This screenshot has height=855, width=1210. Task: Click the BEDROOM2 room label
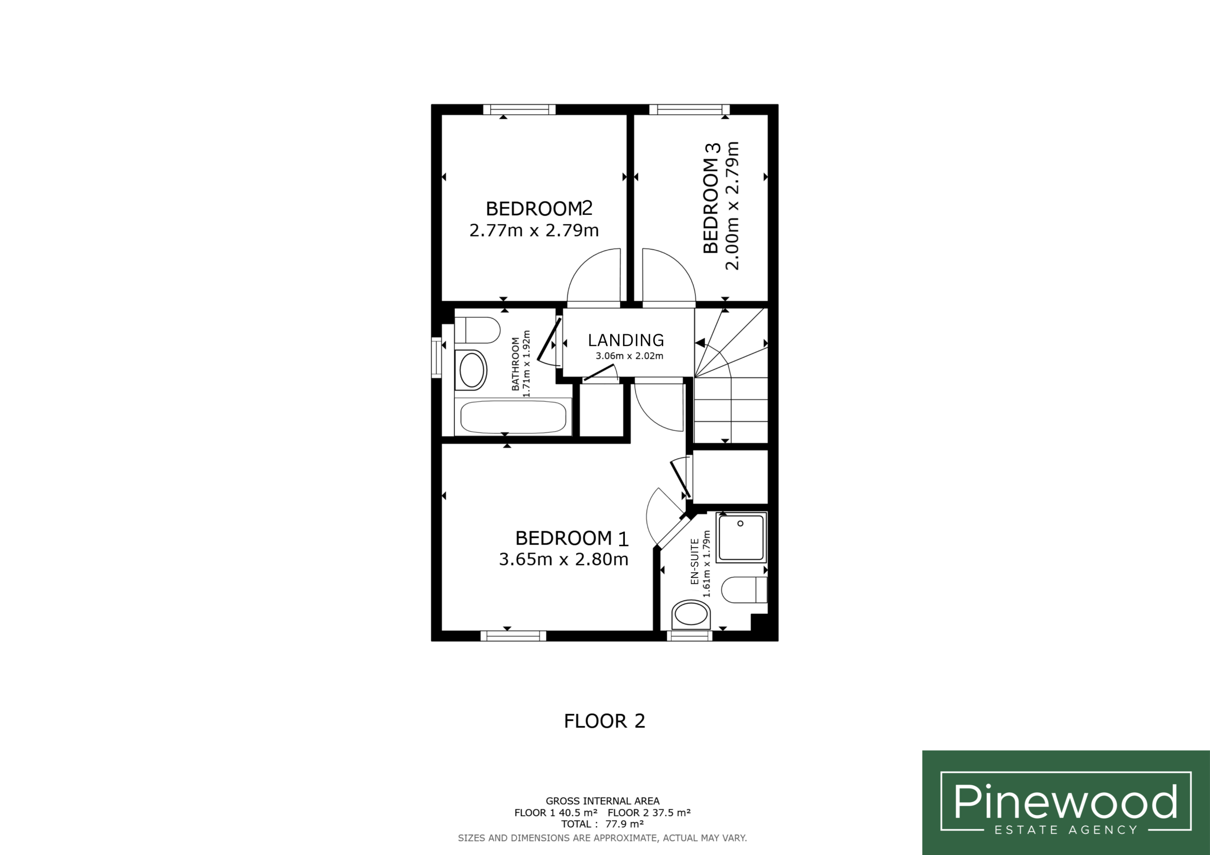click(539, 209)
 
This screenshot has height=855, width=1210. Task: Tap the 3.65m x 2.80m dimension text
click(563, 559)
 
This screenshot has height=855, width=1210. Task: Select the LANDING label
click(626, 340)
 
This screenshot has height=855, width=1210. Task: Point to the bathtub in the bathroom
click(513, 417)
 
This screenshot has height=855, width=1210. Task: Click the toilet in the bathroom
click(477, 330)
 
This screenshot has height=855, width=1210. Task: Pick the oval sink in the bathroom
click(471, 370)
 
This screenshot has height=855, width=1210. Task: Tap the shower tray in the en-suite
click(741, 538)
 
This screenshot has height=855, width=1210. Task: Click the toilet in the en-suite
click(744, 590)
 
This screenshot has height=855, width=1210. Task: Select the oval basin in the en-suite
click(691, 614)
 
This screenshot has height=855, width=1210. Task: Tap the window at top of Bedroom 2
click(519, 110)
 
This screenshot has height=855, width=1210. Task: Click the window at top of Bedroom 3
click(689, 110)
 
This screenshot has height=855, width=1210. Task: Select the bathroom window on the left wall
click(436, 358)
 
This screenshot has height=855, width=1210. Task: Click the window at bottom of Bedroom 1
click(513, 636)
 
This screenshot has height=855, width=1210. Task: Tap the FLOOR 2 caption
click(605, 721)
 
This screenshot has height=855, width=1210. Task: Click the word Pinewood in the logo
click(1065, 801)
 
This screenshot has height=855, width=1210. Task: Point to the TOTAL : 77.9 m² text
click(602, 824)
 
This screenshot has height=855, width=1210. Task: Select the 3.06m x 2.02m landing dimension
click(629, 356)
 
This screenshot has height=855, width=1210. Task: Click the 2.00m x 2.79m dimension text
click(732, 205)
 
